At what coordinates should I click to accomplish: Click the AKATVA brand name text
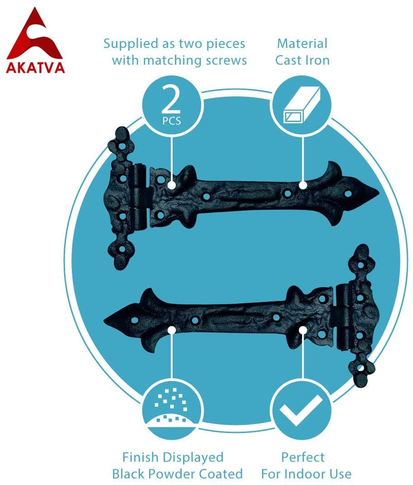[x=35, y=67]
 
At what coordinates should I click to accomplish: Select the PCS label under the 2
[x=172, y=121]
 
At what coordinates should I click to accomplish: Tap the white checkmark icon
[x=300, y=410]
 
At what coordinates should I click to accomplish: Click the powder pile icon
[x=172, y=410]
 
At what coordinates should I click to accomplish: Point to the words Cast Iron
[x=302, y=60]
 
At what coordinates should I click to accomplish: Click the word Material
[x=302, y=44]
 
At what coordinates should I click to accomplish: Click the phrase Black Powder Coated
[x=177, y=474]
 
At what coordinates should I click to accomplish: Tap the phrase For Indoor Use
[x=306, y=474]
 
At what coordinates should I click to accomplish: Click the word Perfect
[x=303, y=457]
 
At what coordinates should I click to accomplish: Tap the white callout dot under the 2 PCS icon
[x=172, y=185]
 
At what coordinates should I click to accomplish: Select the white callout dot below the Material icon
[x=302, y=185]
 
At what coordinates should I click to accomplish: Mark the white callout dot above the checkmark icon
[x=302, y=330]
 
